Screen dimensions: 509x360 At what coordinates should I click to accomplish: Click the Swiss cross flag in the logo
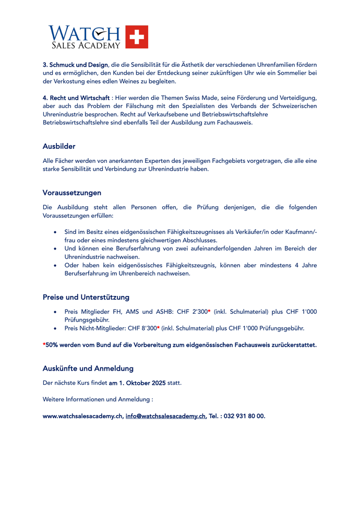(137, 37)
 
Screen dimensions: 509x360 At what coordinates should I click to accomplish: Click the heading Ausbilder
(59, 146)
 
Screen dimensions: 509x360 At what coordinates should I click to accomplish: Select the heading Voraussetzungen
(72, 193)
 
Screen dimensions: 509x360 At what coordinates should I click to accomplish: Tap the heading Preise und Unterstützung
(86, 297)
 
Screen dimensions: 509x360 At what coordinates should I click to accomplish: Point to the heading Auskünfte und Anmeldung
(88, 368)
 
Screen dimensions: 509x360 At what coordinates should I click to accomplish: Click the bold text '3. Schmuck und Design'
(75, 64)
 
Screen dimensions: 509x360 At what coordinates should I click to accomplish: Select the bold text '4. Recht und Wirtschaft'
(76, 98)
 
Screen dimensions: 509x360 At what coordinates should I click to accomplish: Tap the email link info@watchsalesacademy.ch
(165, 416)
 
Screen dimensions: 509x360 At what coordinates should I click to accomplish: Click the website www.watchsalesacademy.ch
(83, 416)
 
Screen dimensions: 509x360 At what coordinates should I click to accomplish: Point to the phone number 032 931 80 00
(244, 416)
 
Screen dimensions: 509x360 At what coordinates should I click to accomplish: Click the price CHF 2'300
(192, 312)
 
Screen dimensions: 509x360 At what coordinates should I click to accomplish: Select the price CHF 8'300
(142, 328)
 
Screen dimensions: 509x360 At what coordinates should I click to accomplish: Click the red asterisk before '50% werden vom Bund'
(44, 345)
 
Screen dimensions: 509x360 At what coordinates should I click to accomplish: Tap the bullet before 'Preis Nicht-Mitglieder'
(56, 328)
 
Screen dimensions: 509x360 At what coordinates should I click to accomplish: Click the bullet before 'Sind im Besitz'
(56, 231)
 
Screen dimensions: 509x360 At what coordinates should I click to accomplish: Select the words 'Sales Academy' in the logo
(85, 45)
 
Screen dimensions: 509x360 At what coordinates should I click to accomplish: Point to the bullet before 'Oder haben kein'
(56, 265)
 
